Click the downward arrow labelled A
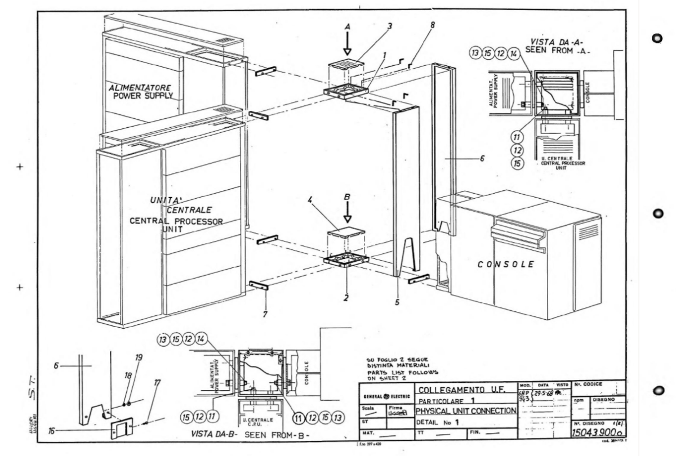coord(348,43)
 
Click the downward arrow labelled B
coord(348,213)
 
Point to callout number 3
coord(373,26)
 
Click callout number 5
coord(397,302)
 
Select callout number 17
coord(157,383)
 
